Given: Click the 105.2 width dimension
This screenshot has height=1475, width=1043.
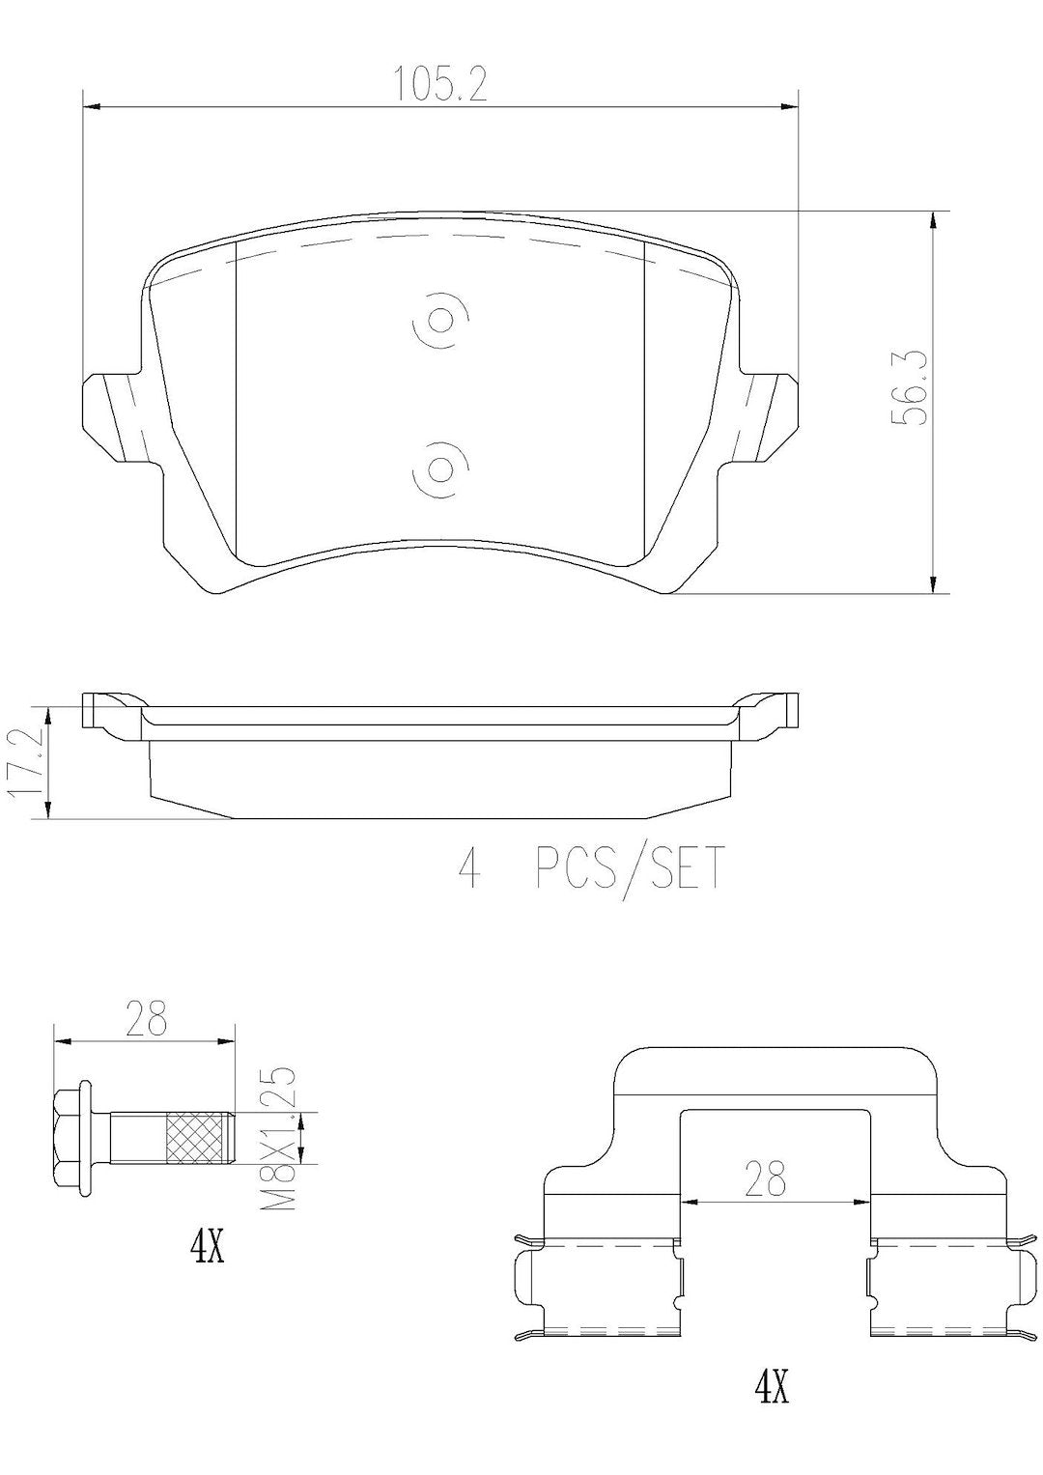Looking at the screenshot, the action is [x=440, y=85].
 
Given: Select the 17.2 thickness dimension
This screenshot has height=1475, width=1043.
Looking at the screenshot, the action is [x=24, y=762].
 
